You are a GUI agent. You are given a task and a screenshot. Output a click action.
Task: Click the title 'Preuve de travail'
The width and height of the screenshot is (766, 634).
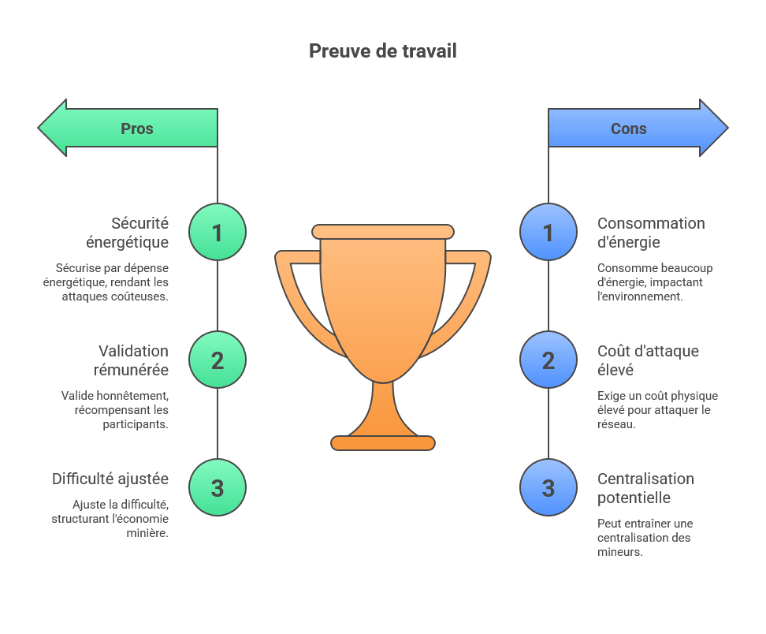382,51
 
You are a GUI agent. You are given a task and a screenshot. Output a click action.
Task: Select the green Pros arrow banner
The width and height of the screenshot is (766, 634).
130,128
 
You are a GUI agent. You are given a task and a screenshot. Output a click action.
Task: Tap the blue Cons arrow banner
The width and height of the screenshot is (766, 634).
635,128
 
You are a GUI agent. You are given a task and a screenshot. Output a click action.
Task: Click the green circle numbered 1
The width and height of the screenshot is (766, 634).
218,233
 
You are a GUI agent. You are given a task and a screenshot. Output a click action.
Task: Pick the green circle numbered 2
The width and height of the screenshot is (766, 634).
218,360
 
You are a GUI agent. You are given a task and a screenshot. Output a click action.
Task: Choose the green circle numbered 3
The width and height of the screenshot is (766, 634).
218,488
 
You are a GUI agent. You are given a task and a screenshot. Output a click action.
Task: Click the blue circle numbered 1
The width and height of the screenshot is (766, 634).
548,233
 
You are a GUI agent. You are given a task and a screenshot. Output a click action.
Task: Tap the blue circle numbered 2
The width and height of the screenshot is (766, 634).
548,360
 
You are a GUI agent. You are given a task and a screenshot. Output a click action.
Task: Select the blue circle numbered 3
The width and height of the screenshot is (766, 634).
548,488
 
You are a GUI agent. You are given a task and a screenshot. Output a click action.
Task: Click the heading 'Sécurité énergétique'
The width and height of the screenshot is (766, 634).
128,233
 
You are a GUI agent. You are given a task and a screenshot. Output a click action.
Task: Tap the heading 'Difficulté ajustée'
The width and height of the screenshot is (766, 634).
110,479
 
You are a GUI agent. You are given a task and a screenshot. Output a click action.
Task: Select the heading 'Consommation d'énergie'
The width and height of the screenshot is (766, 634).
651,233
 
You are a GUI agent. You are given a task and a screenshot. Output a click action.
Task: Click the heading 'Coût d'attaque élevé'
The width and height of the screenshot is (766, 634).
648,360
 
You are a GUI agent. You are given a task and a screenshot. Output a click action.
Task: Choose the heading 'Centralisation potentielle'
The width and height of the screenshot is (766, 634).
645,488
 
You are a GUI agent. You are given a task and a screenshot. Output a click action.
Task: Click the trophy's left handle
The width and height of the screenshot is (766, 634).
296,292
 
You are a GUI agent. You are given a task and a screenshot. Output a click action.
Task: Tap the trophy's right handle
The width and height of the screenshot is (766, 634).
470,292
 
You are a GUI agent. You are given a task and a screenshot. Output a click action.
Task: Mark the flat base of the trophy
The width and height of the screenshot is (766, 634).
383,442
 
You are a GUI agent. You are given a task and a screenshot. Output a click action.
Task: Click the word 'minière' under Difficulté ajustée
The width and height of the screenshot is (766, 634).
148,533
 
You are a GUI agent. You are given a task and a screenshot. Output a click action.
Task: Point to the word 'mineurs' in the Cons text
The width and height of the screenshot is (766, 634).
619,552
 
